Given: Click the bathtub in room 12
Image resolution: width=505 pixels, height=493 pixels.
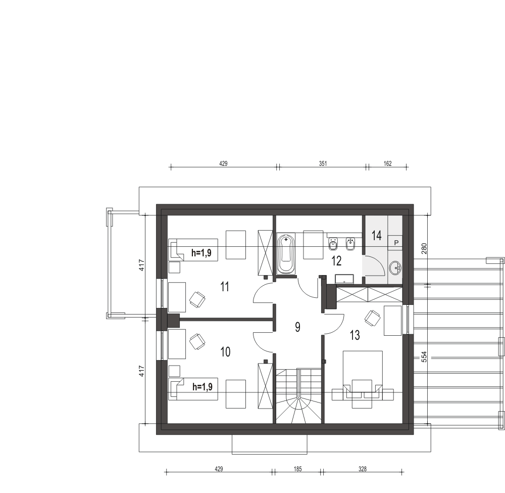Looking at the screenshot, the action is pyautogui.click(x=286, y=254).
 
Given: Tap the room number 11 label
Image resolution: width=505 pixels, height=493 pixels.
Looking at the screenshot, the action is pyautogui.click(x=225, y=286).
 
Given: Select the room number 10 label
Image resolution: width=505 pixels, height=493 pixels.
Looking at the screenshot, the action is pyautogui.click(x=225, y=352).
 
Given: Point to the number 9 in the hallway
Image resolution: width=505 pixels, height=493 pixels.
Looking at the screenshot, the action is pyautogui.click(x=297, y=327).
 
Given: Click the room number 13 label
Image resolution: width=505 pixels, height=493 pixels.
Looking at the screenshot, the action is pyautogui.click(x=355, y=335).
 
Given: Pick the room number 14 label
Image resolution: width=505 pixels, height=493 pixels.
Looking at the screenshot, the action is pyautogui.click(x=377, y=236).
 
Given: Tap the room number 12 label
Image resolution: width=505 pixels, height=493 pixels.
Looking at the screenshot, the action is pyautogui.click(x=336, y=261).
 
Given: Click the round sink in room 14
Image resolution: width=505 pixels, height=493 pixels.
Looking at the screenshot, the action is pyautogui.click(x=395, y=267).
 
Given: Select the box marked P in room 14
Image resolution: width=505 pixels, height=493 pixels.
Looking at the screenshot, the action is pyautogui.click(x=396, y=243).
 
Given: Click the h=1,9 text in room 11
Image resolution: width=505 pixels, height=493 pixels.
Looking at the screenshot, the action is pyautogui.click(x=201, y=253).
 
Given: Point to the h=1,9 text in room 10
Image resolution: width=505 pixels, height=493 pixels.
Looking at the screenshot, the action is pyautogui.click(x=203, y=387).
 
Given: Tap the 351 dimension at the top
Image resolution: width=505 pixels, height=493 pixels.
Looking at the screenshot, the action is pyautogui.click(x=323, y=163).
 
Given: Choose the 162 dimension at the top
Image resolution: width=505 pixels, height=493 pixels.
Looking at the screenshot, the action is pyautogui.click(x=387, y=163).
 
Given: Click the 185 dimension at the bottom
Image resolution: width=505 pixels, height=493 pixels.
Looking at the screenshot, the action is pyautogui.click(x=297, y=469).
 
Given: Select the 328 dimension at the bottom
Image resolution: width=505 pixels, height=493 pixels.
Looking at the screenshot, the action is pyautogui.click(x=362, y=469).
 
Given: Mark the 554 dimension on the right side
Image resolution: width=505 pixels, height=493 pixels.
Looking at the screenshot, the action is pyautogui.click(x=424, y=356).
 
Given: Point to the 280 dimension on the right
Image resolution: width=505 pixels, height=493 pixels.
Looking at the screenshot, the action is pyautogui.click(x=424, y=248).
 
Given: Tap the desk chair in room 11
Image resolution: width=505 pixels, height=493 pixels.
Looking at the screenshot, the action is pyautogui.click(x=197, y=299).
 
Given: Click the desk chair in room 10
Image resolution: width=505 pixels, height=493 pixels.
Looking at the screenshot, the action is pyautogui.click(x=197, y=342).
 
